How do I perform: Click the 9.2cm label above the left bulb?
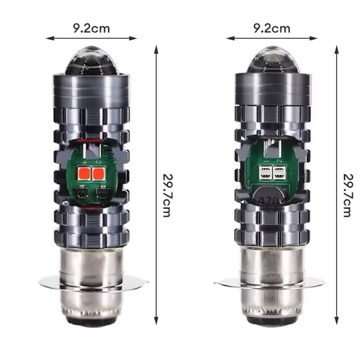click(x=91, y=28)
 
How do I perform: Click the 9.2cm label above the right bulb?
click(x=272, y=28)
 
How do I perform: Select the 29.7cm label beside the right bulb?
click(x=348, y=195)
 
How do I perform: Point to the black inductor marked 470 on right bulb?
click(x=269, y=195)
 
